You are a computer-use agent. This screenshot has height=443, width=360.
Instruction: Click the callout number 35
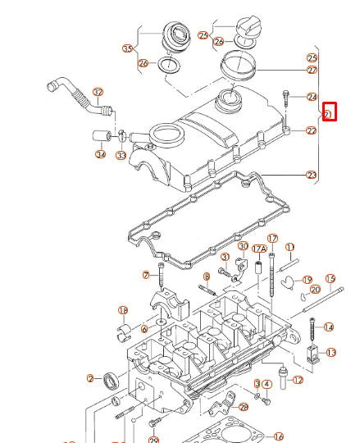tap(127, 48)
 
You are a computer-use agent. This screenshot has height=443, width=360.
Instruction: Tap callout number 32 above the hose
tap(98, 92)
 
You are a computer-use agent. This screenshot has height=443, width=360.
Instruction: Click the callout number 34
tap(100, 154)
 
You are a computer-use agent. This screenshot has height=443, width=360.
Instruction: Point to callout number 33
tap(121, 154)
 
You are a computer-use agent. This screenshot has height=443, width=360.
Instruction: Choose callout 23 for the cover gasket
tap(311, 175)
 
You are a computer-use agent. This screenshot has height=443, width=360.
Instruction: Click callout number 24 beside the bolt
tap(312, 97)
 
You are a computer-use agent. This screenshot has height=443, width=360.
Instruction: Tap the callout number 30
tap(243, 246)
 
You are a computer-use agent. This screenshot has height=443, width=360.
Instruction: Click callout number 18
tap(123, 310)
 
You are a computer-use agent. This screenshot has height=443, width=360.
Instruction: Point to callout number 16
tap(279, 436)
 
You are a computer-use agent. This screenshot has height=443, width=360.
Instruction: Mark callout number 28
tap(243, 407)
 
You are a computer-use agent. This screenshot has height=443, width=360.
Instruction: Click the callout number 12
tap(298, 381)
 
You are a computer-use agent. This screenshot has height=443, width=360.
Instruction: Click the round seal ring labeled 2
tap(111, 380)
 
